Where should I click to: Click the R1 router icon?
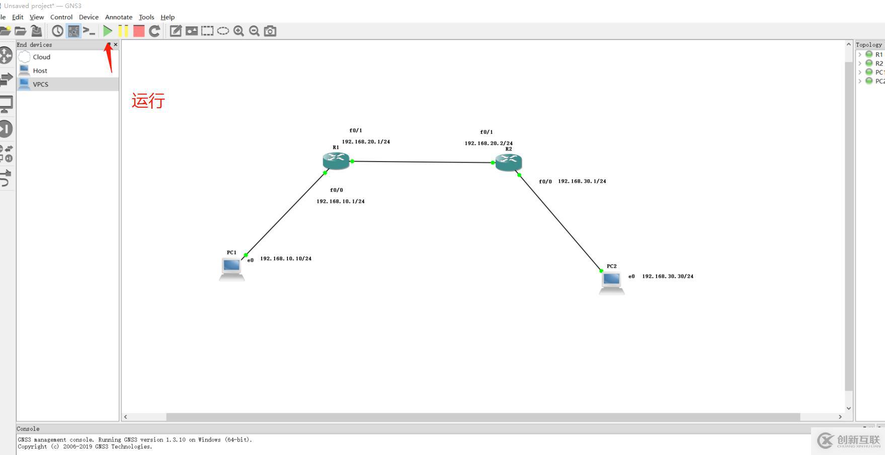click(336, 161)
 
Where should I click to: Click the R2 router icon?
click(509, 162)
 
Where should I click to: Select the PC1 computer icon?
click(231, 268)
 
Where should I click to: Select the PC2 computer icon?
click(611, 282)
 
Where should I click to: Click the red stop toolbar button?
click(139, 31)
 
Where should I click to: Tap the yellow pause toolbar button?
click(123, 31)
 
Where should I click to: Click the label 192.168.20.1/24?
click(366, 142)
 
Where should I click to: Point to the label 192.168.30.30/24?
click(668, 276)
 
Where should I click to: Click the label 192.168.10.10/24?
click(285, 259)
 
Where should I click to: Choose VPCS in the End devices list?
click(41, 85)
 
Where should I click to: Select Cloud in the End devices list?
click(41, 57)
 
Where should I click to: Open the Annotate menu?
click(118, 17)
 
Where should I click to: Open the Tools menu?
click(146, 17)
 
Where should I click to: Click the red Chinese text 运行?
click(148, 101)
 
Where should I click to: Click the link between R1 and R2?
click(423, 162)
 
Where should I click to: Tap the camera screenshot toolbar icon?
click(270, 31)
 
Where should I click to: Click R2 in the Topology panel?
click(878, 63)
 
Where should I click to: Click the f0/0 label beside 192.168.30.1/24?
click(545, 182)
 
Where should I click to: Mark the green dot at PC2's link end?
click(601, 271)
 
